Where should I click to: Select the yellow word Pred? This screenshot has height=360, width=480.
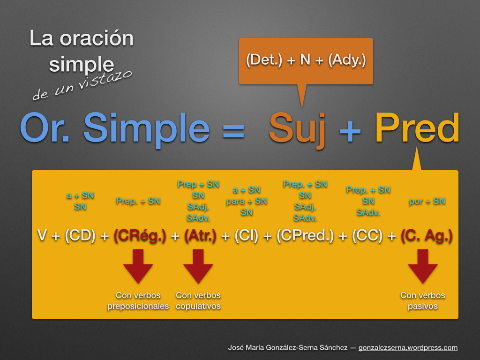click(417, 129)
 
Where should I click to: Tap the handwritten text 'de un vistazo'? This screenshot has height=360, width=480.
click(82, 84)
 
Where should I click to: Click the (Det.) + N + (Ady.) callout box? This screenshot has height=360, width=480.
click(306, 61)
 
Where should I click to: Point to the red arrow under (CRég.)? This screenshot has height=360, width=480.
click(138, 266)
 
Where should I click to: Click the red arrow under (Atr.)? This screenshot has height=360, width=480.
click(198, 266)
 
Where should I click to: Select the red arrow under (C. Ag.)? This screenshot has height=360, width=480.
click(422, 266)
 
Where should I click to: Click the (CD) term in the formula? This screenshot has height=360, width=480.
click(80, 236)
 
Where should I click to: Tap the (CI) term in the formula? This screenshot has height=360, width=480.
click(246, 236)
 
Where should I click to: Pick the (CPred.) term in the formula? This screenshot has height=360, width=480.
click(305, 236)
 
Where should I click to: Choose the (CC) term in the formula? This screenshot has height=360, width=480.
click(368, 236)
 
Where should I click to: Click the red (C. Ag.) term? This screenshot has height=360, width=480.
click(427, 236)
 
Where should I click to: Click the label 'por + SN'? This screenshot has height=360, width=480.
click(427, 201)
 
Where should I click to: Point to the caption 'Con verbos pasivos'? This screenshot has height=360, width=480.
click(422, 301)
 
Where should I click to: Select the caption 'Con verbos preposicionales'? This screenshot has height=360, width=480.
click(138, 301)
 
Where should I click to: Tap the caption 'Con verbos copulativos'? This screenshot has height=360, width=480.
click(198, 301)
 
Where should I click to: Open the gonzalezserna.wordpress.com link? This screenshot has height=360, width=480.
click(408, 348)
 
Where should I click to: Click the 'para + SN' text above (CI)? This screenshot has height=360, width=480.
click(247, 201)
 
